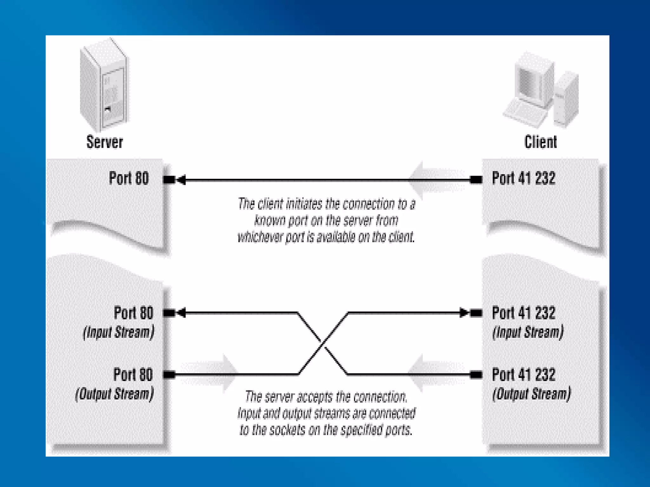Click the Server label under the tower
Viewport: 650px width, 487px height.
(x=105, y=142)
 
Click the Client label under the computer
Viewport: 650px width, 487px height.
(x=541, y=142)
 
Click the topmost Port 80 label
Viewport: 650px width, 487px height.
(x=129, y=178)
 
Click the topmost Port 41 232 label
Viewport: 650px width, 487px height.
(x=524, y=178)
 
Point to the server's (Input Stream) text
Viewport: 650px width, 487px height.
(x=119, y=332)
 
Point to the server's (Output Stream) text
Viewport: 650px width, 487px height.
(x=115, y=394)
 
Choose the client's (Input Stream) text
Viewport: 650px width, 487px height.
(x=528, y=332)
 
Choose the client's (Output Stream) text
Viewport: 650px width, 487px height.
(x=531, y=394)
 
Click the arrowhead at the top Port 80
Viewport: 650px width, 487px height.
(x=181, y=180)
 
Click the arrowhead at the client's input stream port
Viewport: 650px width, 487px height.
(x=464, y=313)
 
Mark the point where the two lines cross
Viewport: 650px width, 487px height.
(x=323, y=344)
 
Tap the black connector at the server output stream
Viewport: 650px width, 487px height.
(x=169, y=375)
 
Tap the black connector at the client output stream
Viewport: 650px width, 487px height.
(x=476, y=375)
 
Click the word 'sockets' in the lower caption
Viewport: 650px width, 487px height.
(x=287, y=430)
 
